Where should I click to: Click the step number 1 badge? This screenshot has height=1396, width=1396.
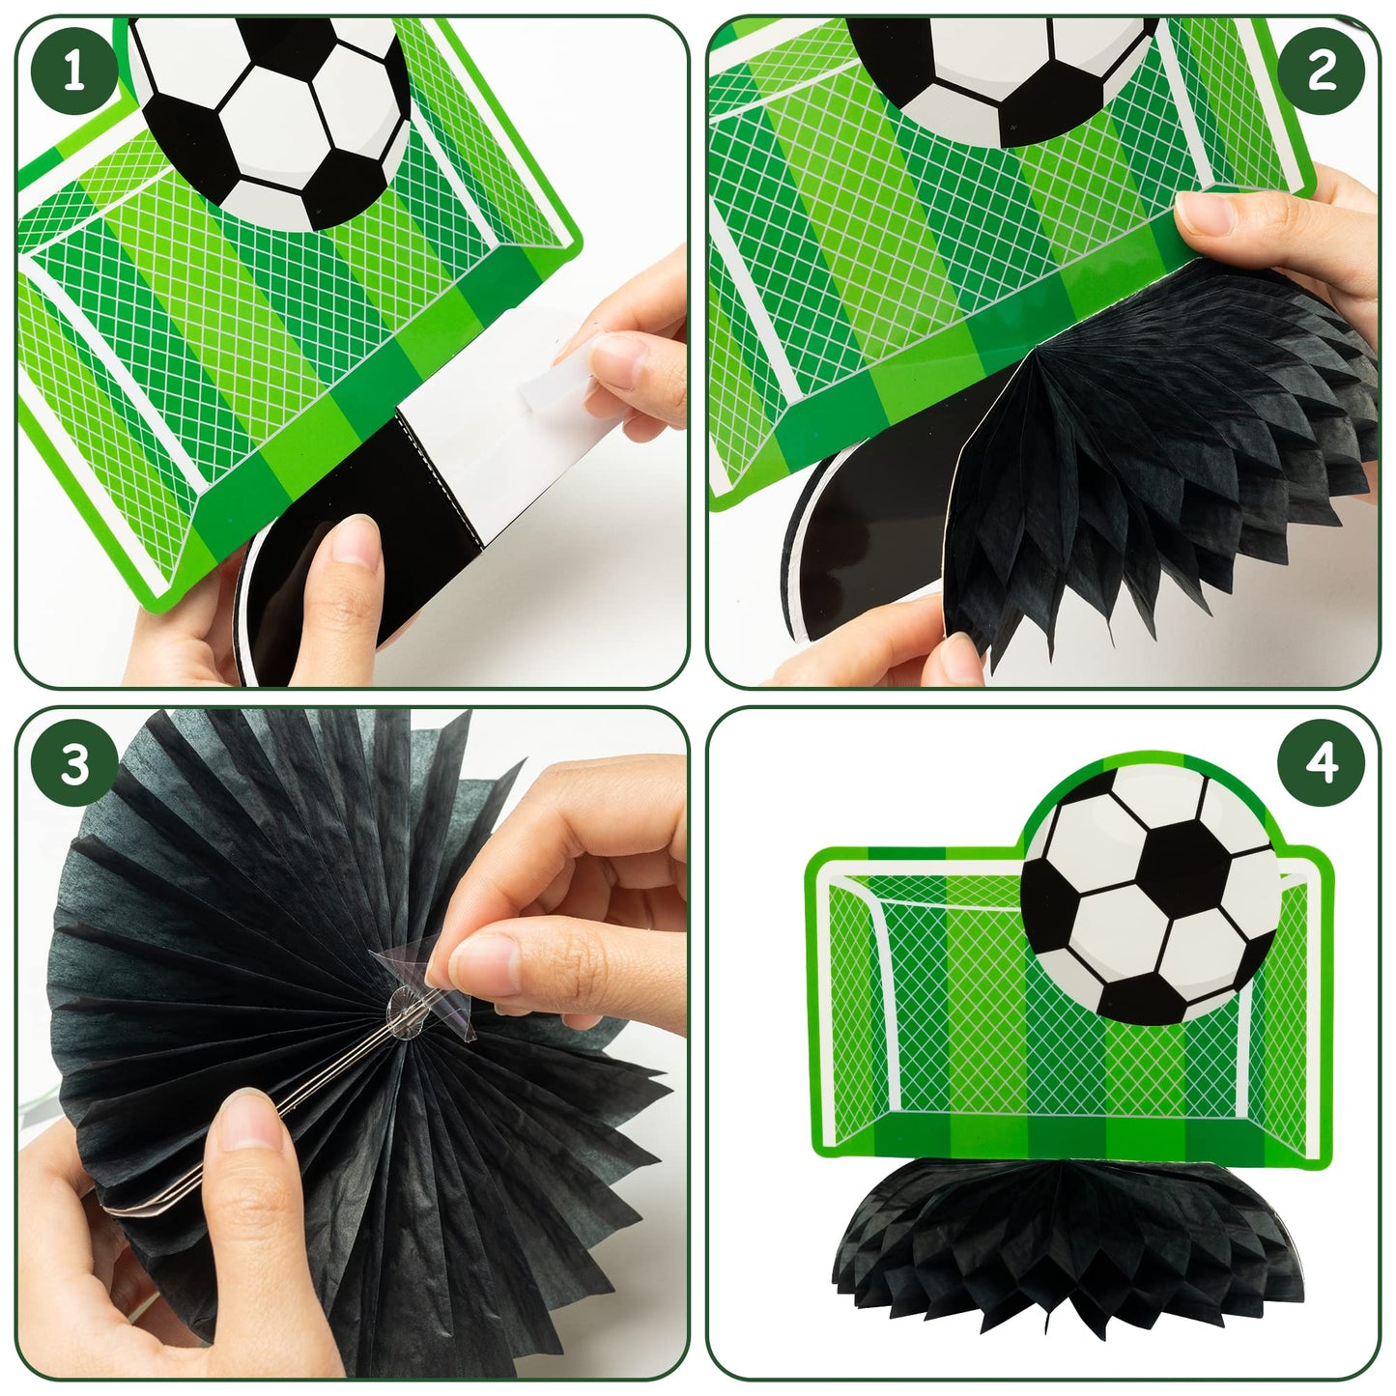click(74, 74)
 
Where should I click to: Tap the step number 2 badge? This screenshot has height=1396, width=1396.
click(1321, 74)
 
